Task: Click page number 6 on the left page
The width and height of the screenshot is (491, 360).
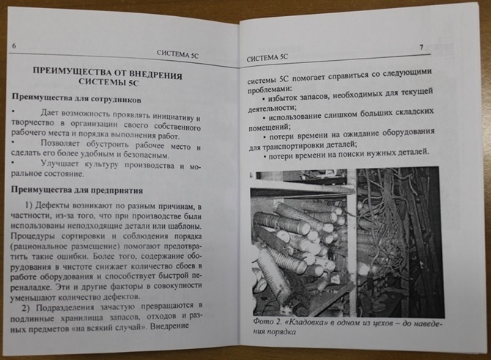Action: point(15,47)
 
